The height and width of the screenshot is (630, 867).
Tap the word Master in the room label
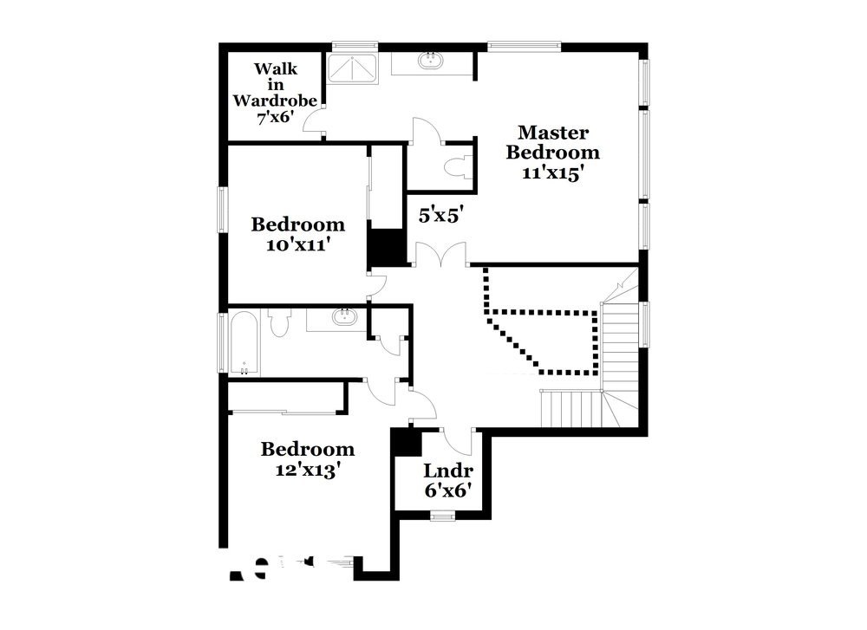553,133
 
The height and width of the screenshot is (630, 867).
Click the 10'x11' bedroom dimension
297,244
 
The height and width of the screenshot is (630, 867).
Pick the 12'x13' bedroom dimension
308,470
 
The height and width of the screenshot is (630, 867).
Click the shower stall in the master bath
353,68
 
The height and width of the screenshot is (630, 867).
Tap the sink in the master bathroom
428,62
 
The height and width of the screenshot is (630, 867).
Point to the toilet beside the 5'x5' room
457,165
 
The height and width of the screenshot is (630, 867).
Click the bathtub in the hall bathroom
242,343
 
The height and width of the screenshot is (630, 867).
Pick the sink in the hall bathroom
342,316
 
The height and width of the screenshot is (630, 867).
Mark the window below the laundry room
442,516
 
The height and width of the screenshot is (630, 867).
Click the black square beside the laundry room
404,443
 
